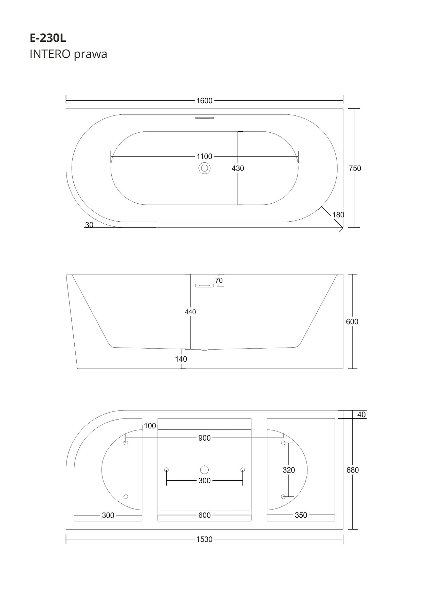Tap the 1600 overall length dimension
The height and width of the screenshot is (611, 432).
[204, 100]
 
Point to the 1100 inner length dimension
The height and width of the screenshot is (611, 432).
[204, 156]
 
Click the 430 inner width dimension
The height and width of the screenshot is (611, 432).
[238, 168]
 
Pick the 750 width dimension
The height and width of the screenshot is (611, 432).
[355, 168]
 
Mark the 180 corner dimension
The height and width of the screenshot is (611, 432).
[338, 215]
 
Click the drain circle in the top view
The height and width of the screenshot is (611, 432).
[205, 168]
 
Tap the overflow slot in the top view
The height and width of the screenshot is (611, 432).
[205, 118]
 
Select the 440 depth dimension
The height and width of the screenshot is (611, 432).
[190, 312]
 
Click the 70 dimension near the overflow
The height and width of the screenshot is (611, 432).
[219, 281]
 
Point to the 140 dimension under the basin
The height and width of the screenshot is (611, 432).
[181, 359]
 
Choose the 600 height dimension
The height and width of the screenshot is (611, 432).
[352, 321]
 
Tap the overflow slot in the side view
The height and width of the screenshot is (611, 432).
[205, 285]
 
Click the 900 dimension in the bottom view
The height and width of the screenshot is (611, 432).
[205, 438]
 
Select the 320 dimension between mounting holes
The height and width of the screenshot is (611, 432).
[289, 470]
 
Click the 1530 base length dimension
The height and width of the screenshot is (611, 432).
[204, 539]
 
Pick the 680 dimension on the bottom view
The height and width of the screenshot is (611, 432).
[353, 470]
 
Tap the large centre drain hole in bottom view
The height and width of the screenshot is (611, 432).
[204, 470]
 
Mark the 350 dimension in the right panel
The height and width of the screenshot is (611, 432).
[301, 515]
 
